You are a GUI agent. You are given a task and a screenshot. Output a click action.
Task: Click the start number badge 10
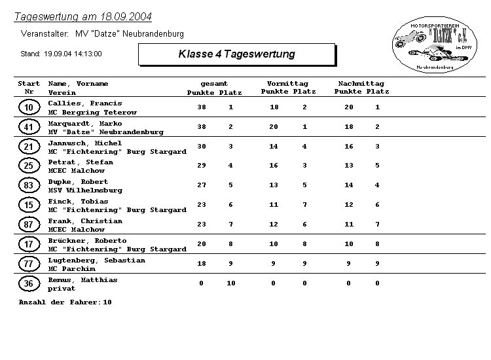tap(28, 107)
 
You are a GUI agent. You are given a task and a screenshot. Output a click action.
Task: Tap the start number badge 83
tap(28, 186)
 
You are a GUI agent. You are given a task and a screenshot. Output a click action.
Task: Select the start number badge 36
tap(28, 284)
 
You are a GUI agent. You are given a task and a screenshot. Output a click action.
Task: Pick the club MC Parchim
tap(71, 269)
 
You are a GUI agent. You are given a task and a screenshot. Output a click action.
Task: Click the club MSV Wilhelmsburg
tap(85, 190)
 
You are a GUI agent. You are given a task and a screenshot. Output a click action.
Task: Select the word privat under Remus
tap(62, 289)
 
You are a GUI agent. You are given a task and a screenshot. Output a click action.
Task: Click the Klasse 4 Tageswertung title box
tap(236, 54)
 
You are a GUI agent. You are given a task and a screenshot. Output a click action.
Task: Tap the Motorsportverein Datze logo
tap(432, 45)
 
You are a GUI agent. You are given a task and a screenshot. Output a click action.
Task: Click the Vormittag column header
tap(287, 84)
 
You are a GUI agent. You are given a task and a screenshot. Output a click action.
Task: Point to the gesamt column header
tap(214, 84)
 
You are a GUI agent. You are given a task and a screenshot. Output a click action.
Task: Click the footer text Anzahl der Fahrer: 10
tap(65, 302)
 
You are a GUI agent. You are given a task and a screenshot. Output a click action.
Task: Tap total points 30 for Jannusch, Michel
tap(202, 147)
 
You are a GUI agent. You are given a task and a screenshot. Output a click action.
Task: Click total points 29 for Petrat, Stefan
tap(202, 166)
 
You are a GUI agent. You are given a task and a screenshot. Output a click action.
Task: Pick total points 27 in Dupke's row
tap(202, 186)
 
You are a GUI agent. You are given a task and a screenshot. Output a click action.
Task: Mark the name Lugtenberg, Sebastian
tap(96, 261)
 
